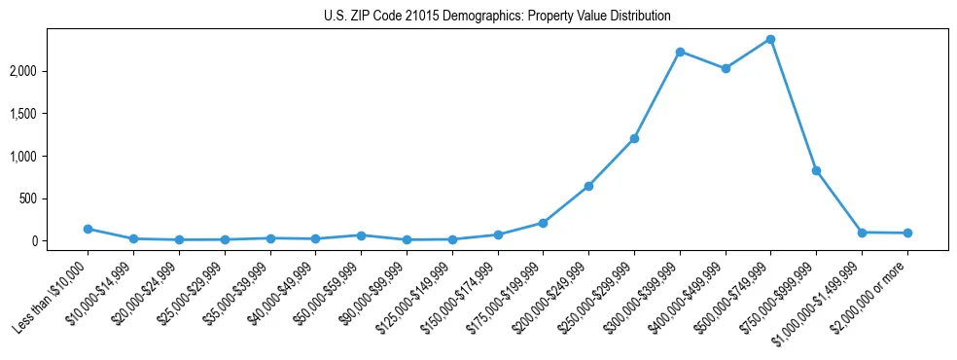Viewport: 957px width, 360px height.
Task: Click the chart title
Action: tap(497, 17)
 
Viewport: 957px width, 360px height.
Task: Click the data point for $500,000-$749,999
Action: tap(770, 39)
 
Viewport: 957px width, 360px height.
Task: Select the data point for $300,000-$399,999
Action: tap(680, 52)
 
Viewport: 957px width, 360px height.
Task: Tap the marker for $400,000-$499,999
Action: tap(726, 68)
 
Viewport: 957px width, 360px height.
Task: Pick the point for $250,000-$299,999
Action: tap(634, 138)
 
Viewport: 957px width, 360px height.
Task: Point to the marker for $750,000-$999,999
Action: tap(816, 170)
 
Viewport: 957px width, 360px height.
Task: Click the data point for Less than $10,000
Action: tap(89, 229)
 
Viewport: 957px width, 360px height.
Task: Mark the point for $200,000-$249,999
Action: tap(588, 186)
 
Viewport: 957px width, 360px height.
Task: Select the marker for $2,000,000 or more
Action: tap(907, 233)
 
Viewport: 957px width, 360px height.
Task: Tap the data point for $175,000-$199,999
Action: tap(544, 223)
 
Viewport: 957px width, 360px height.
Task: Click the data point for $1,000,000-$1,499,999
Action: tap(862, 233)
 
